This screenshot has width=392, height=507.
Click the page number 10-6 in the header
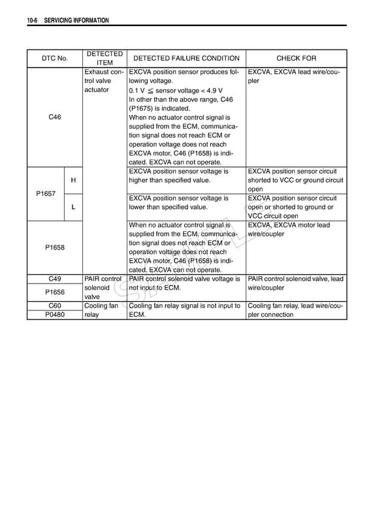(33, 21)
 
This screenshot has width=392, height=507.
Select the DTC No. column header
(55, 58)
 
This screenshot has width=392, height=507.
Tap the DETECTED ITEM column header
(105, 58)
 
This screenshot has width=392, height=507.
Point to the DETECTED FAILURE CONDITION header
(186, 58)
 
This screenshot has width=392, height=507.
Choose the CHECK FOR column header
(296, 58)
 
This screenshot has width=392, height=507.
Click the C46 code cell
(55, 117)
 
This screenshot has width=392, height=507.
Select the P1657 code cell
(46, 194)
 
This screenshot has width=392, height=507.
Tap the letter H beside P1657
(73, 180)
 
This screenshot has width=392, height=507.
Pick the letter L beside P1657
(73, 207)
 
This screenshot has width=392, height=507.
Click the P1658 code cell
(55, 248)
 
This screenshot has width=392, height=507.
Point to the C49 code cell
(55, 279)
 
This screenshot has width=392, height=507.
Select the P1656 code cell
(55, 292)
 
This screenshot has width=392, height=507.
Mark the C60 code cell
(55, 305)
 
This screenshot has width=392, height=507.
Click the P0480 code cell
(55, 314)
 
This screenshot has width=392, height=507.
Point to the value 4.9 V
(212, 91)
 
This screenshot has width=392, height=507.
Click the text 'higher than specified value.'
(170, 180)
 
